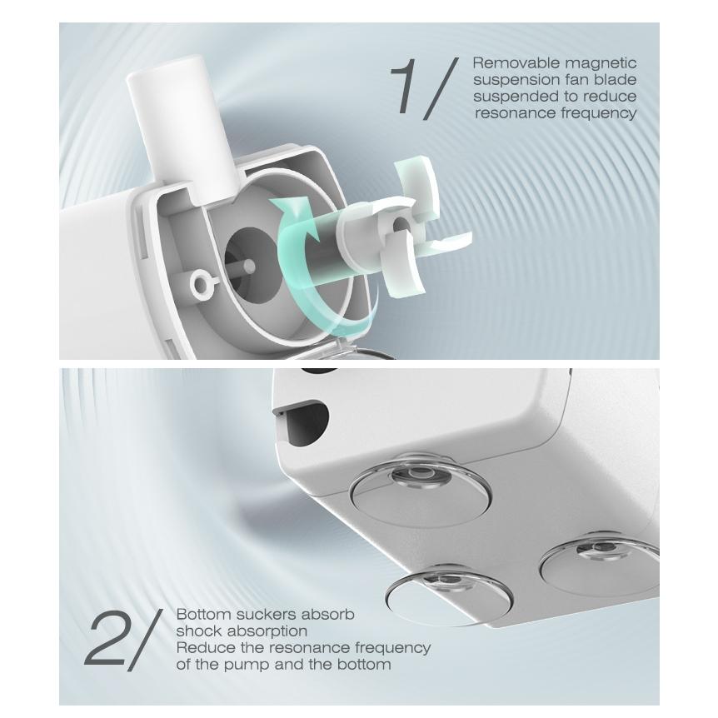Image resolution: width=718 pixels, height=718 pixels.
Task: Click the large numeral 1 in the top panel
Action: pos(406,87)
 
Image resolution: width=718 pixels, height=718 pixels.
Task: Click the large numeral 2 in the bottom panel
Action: pos(104,639)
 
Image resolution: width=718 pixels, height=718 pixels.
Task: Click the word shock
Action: pos(198,631)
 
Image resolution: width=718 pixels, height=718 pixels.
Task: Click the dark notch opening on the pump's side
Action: pos(302,417)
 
